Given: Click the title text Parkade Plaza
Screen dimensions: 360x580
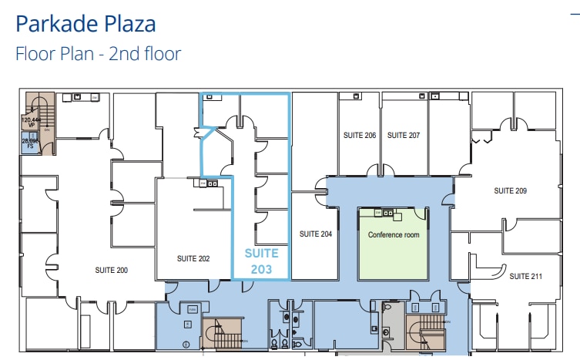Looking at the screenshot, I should coord(85,24).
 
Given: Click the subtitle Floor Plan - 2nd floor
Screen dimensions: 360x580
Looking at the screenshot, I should coord(98,54).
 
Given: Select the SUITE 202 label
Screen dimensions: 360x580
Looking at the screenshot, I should coord(193,258).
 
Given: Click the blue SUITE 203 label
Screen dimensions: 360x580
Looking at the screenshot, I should coord(261,261).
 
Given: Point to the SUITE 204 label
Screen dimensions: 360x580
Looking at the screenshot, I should coord(315,234).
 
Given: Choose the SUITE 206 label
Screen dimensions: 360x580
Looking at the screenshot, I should coord(360,135).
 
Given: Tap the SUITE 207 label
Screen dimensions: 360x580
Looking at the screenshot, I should coord(404,135).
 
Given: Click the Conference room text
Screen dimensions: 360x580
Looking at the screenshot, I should coord(394,234).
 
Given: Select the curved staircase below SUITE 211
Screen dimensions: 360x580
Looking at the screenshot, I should coord(423,332).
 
